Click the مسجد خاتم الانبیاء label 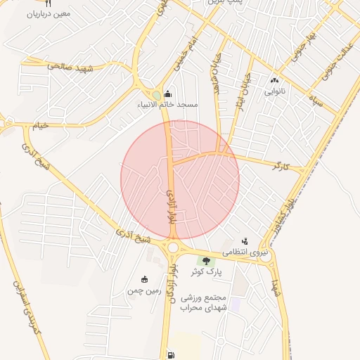coord(168,105)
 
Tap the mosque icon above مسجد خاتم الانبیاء coord(167,94)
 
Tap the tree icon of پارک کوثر coord(206,262)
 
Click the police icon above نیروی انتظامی coord(244,241)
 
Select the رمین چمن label coord(145,290)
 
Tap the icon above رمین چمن coord(145,279)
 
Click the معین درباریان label coord(47,13)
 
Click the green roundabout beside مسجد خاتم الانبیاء coord(156,95)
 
